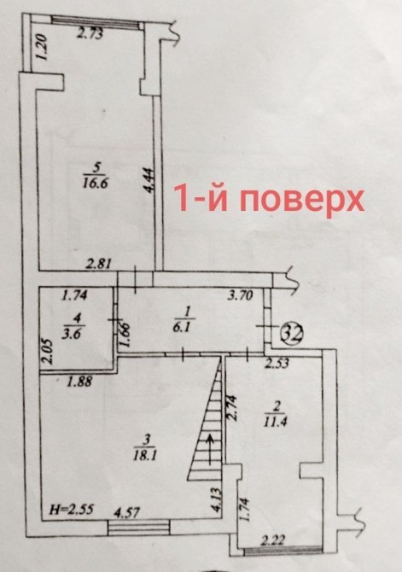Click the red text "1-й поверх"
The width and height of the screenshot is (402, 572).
point(269,199)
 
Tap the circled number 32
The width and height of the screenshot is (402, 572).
point(293,332)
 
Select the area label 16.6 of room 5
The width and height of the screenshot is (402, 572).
point(97,183)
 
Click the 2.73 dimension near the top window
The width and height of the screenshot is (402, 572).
point(90,34)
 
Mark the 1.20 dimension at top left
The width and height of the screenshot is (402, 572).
point(42,47)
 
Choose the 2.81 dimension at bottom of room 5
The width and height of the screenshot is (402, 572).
point(98,263)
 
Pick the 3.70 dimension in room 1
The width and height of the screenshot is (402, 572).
point(240,295)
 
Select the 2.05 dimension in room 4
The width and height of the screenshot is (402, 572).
point(48,352)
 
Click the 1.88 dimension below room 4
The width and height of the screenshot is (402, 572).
point(80,382)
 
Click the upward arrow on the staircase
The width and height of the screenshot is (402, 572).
point(210,449)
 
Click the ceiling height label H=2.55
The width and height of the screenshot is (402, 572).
point(71,509)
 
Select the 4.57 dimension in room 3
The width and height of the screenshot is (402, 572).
point(126,512)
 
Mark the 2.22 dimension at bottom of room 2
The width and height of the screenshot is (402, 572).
point(273,540)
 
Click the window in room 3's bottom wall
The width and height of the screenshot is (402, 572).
point(139,528)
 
